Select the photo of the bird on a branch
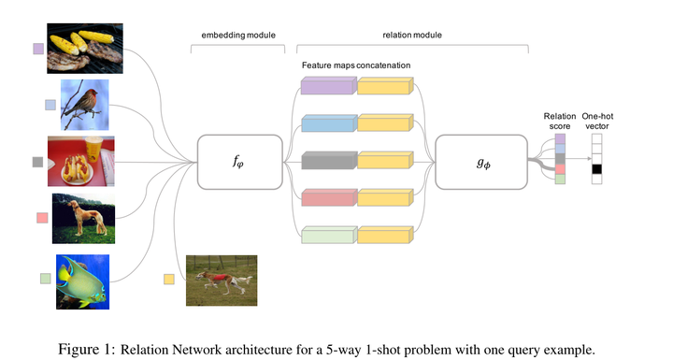(x=85, y=104)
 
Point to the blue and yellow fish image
(x=82, y=281)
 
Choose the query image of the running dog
(x=222, y=280)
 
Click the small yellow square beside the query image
(x=169, y=279)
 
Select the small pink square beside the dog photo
(x=42, y=218)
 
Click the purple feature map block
(x=327, y=87)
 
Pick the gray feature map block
(x=327, y=162)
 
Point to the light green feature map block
(x=327, y=236)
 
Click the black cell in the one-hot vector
(x=595, y=169)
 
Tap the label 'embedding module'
(x=238, y=35)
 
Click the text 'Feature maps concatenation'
(x=357, y=64)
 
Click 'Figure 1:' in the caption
(x=87, y=349)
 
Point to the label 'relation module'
(x=412, y=35)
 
